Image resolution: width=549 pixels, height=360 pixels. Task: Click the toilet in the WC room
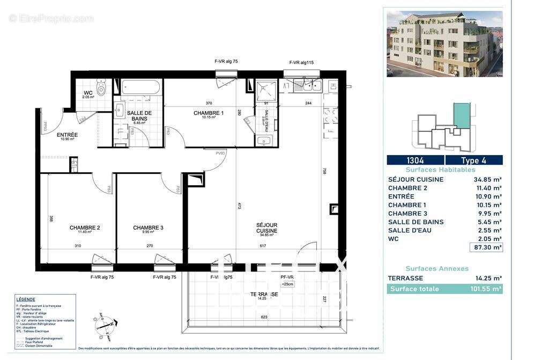pos(101,86)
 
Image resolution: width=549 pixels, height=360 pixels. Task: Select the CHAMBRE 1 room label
pos(209,113)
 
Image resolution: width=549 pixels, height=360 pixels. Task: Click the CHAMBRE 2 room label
pos(85,227)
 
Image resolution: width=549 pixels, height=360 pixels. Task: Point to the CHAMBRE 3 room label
pos(148,227)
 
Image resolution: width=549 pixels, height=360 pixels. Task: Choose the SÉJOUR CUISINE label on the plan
pos(267,229)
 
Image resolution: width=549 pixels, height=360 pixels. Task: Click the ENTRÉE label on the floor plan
pos(68,135)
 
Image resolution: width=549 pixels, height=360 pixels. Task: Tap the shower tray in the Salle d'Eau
pos(265,89)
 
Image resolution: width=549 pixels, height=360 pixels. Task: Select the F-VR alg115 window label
pos(301,63)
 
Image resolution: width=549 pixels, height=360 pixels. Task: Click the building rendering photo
pos(444,44)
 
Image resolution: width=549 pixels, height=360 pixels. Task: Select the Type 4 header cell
pos(474,160)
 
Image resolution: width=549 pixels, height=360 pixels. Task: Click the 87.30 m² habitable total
pos(485,247)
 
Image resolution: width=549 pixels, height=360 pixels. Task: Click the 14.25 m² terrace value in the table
pos(488,278)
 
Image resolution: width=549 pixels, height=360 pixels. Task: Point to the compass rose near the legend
pos(105,324)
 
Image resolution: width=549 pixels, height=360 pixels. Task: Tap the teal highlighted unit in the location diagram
pos(461,115)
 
